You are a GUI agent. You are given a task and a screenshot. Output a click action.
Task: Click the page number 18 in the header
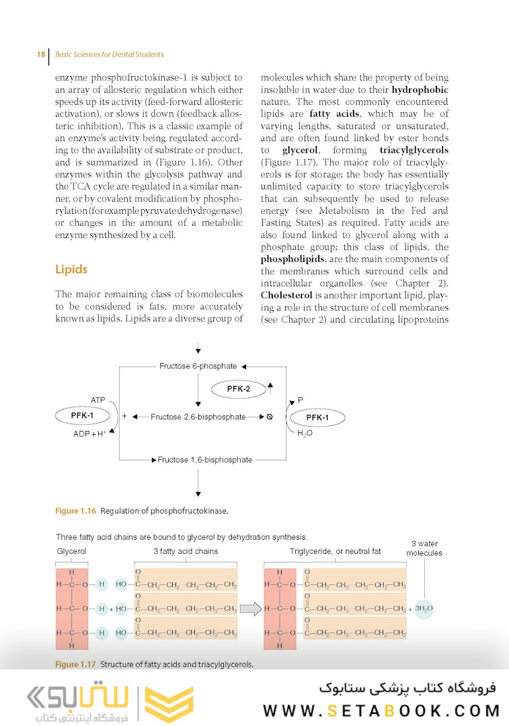[41, 54]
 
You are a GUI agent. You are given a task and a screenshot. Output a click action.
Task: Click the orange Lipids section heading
[71, 270]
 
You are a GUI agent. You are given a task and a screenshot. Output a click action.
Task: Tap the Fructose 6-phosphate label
[198, 366]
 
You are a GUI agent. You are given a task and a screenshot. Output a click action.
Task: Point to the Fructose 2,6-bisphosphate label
[198, 417]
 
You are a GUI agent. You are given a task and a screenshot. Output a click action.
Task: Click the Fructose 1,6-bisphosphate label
[204, 460]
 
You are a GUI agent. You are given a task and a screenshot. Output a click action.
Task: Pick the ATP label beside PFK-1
[98, 400]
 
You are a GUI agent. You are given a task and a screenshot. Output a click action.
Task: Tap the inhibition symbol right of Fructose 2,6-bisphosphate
[269, 417]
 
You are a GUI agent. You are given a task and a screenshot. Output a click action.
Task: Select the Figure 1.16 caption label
[76, 511]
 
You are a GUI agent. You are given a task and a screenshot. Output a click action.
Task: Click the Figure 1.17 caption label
[76, 665]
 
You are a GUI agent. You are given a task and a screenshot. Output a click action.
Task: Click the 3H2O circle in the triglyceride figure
[424, 608]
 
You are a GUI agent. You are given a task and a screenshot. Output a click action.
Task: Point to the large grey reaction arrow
[250, 609]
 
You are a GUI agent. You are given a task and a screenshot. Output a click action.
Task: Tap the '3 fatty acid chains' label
[186, 551]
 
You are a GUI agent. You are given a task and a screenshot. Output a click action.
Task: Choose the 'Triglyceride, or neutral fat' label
[335, 551]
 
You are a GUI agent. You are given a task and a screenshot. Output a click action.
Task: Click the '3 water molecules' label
[424, 548]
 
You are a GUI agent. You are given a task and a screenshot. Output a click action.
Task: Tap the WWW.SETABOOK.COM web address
[381, 711]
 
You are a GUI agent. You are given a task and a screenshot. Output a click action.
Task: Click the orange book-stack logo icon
[169, 704]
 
